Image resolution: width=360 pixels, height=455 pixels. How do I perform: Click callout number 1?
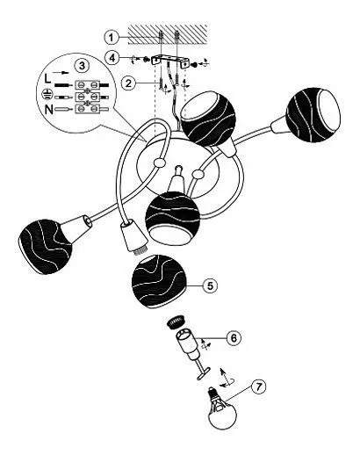(x=112, y=38)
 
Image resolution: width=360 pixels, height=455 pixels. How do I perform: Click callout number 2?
(x=128, y=83)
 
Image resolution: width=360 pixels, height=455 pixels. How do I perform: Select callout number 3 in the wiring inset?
(x=82, y=66)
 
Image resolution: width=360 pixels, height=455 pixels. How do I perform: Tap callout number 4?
(x=112, y=58)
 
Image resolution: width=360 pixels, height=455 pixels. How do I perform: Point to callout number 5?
(x=210, y=285)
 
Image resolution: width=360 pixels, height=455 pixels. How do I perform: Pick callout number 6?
(x=234, y=338)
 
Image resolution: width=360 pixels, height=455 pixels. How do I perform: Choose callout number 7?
(x=258, y=386)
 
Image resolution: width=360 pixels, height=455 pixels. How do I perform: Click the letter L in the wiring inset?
(x=47, y=78)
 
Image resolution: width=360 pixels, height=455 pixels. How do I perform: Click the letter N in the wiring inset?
(x=49, y=110)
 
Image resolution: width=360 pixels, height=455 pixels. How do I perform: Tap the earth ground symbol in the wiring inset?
(x=46, y=94)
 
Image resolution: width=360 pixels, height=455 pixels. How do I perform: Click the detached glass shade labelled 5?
(x=159, y=282)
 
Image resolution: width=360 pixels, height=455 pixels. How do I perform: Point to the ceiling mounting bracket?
(x=169, y=61)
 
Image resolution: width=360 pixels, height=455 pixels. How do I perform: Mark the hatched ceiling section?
(x=168, y=34)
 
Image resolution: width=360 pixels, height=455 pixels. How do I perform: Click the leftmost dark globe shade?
(x=45, y=247)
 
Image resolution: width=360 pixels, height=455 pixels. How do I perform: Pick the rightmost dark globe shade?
(x=313, y=115)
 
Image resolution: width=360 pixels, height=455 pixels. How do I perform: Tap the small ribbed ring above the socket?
(x=176, y=321)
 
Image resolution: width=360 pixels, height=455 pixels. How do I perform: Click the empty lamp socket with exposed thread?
(x=133, y=238)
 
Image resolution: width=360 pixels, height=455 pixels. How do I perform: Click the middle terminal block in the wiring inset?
(x=88, y=97)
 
